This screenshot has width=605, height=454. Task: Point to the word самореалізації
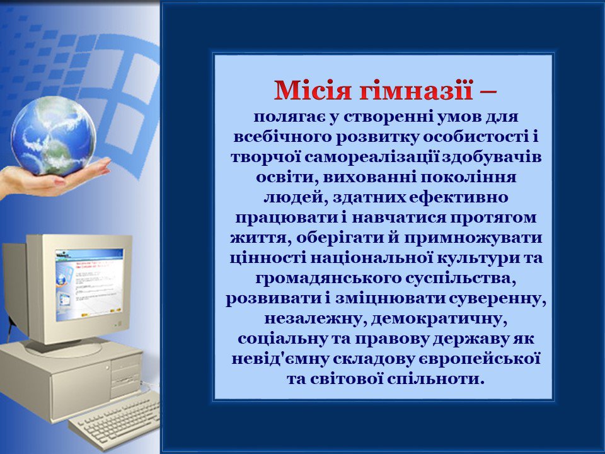tap(372, 157)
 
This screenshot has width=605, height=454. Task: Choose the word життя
tap(260, 238)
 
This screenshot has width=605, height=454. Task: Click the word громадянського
tap(328, 278)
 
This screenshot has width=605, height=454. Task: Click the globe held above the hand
tap(53, 135)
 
